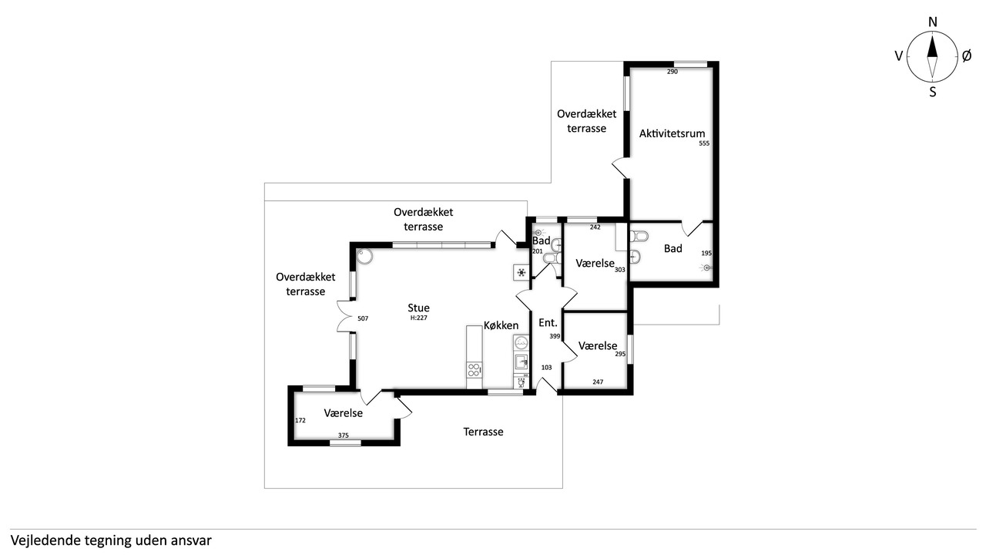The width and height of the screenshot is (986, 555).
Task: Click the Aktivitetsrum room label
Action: coord(672,133)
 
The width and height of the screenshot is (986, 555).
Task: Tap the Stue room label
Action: coord(419,308)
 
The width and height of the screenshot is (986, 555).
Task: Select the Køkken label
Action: coord(501,325)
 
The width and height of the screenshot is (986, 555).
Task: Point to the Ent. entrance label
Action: coord(548,323)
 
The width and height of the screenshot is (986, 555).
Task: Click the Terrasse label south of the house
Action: coord(483,432)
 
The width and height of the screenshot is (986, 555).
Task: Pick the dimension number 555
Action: coord(704,143)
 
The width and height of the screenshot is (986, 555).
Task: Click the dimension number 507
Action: coord(363,318)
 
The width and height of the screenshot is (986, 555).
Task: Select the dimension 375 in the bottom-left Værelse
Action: coord(344,436)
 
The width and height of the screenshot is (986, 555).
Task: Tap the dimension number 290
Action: coord(672,72)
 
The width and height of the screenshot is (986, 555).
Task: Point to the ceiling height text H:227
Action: coord(418,318)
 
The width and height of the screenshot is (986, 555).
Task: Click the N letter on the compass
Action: coord(932,22)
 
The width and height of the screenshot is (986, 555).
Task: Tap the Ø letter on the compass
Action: coord(966,55)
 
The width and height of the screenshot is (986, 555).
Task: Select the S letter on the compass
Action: coord(932,91)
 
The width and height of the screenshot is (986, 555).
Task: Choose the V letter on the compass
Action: coord(898,55)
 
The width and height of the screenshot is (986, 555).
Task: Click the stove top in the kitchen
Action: coord(474,370)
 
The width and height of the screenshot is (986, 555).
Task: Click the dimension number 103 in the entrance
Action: coord(547,368)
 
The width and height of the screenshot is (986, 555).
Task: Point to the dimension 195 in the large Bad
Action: coord(706,254)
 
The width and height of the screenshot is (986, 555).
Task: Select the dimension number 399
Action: coord(555,337)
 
